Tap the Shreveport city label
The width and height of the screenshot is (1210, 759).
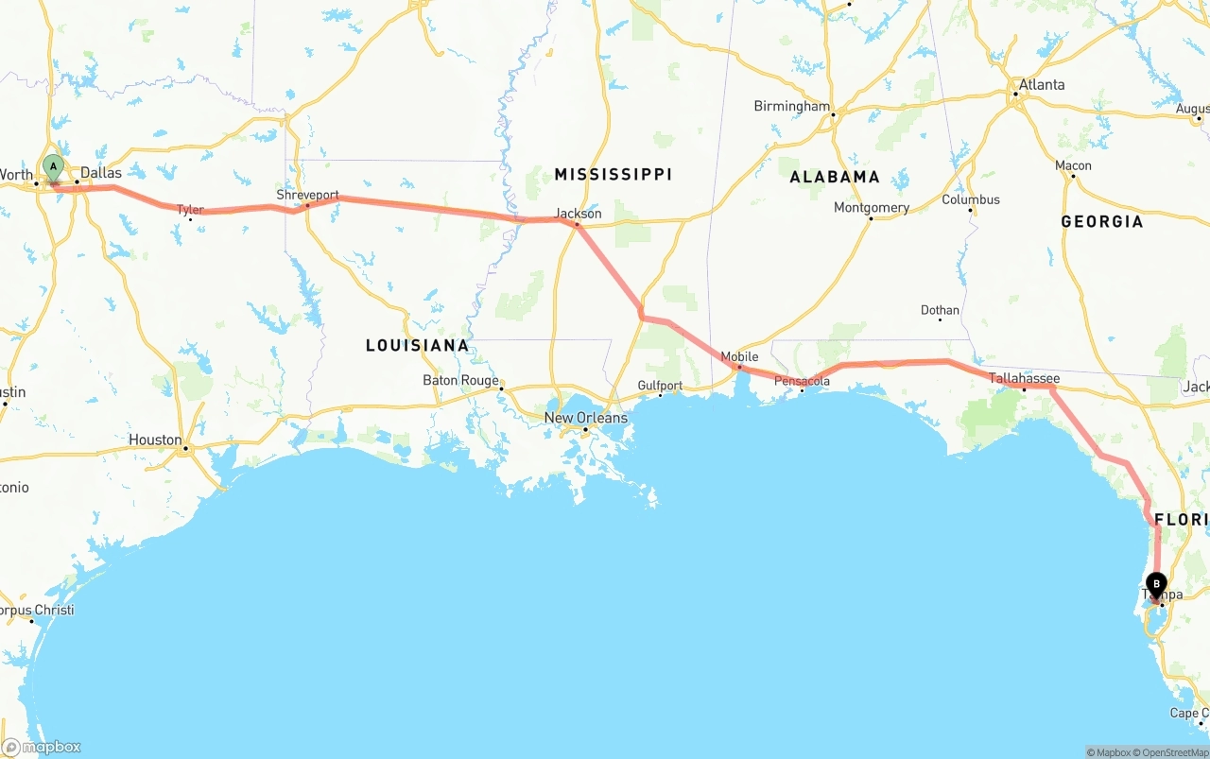coord(307,195)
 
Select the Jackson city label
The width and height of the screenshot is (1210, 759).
coord(579,214)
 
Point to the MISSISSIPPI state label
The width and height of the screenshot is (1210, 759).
coord(613,174)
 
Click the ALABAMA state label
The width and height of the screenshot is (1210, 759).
coord(835,177)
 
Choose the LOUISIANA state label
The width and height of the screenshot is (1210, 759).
coord(417,345)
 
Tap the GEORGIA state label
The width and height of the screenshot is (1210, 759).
coord(1101,221)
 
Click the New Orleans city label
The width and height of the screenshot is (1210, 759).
coord(585,418)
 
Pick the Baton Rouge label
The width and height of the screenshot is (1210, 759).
coord(460,381)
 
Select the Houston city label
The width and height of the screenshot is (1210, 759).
coord(155,440)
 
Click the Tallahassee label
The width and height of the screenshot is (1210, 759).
coord(1024,378)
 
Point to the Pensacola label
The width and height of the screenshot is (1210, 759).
coord(802,381)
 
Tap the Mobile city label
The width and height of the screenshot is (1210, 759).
coord(739,356)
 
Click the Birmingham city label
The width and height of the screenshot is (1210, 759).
coord(791,107)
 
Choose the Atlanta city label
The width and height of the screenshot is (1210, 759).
coord(1041,85)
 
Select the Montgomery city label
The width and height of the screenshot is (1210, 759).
coord(871,208)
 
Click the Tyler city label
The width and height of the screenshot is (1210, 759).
coord(190,210)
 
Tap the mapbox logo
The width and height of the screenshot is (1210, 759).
coord(42,747)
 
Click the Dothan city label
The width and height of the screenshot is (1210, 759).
coord(940,310)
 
